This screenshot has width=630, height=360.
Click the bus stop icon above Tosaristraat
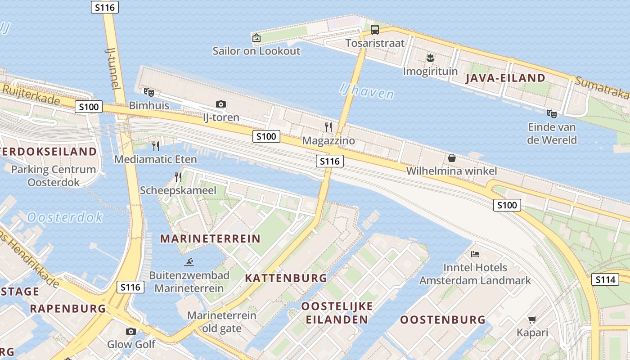[x=374, y=30]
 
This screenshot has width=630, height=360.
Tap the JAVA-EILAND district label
[x=505, y=78]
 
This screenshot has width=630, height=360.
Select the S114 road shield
[x=605, y=279]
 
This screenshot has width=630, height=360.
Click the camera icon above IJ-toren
[x=220, y=104]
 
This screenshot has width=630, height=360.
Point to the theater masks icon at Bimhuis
[x=148, y=93]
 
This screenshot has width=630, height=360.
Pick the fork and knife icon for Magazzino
[x=328, y=127]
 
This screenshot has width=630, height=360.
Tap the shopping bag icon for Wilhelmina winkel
[x=451, y=158]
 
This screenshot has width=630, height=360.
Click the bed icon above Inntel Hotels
[x=475, y=254]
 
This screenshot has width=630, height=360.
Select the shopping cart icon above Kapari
[x=532, y=320]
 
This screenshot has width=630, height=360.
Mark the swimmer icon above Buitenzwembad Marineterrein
[x=189, y=262]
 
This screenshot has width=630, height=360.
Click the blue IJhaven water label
[x=366, y=91]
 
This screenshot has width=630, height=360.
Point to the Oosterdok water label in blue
[x=65, y=218]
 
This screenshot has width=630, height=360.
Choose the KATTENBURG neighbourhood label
[x=286, y=278]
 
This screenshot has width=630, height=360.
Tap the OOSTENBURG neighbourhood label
[x=443, y=320]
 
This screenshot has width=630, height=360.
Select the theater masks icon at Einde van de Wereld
[x=551, y=114]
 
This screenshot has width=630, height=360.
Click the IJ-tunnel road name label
[x=113, y=67]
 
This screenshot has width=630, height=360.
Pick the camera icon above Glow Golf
[x=131, y=332]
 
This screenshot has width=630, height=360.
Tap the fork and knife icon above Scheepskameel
[x=178, y=177]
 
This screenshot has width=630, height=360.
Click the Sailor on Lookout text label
[x=256, y=51]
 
